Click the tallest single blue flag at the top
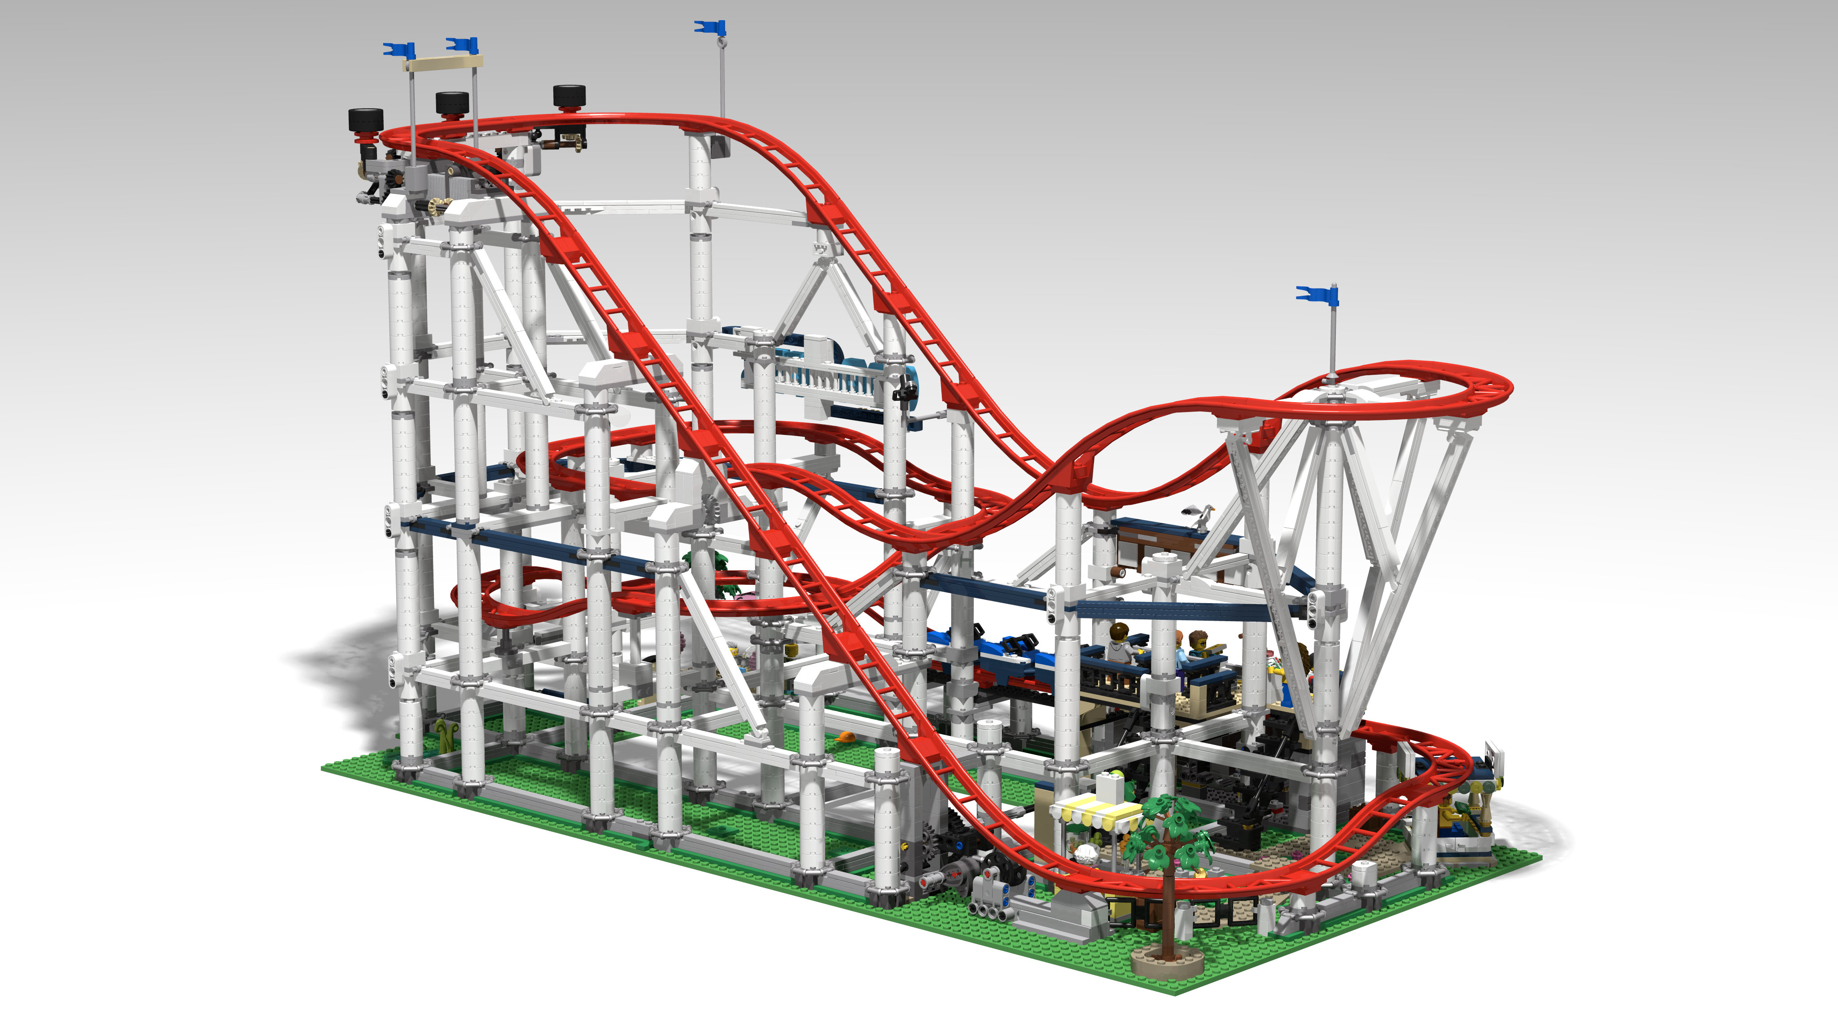click(710, 28)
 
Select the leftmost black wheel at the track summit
click(365, 119)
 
